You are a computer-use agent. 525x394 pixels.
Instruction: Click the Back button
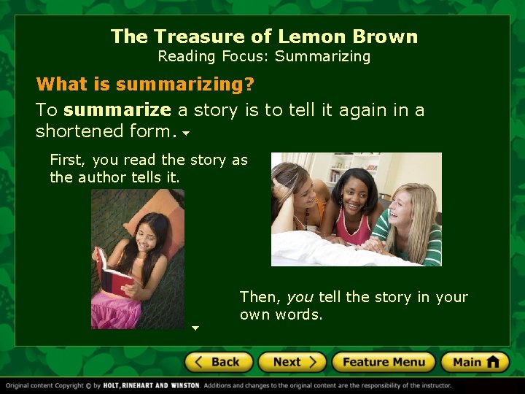[218, 362]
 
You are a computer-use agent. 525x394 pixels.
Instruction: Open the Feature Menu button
[383, 362]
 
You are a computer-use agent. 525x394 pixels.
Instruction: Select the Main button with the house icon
[475, 362]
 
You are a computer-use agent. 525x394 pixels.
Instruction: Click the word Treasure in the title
[193, 36]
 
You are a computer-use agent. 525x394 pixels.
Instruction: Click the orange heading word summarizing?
[185, 85]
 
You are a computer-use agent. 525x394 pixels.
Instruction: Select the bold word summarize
[117, 110]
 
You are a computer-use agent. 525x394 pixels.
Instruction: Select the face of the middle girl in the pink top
[352, 191]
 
